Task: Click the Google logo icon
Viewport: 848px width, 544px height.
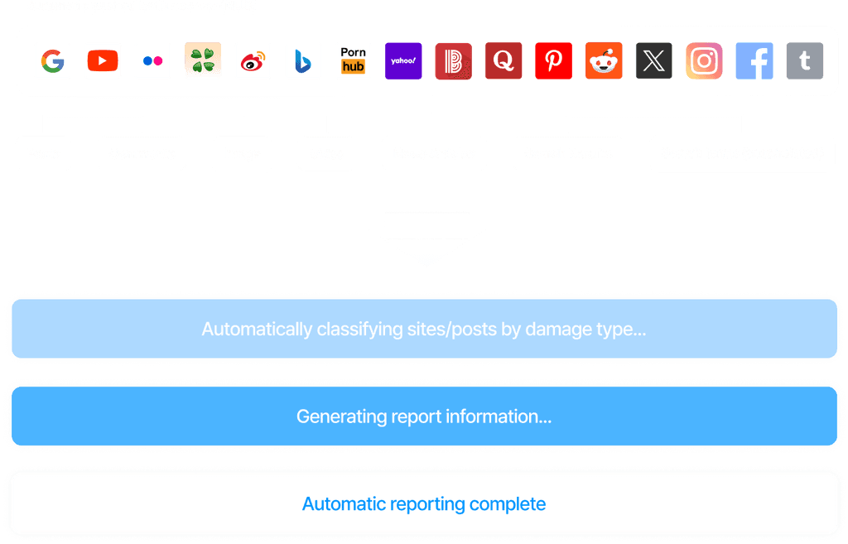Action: pos(52,61)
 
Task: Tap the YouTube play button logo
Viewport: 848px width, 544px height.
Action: pos(103,61)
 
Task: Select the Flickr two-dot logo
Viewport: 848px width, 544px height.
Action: pos(152,61)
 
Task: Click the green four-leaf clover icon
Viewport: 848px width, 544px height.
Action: pos(203,60)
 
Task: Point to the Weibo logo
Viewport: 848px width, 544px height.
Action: pos(253,61)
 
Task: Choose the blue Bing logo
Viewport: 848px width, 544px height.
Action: pos(302,61)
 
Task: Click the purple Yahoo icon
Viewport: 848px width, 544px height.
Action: pos(403,61)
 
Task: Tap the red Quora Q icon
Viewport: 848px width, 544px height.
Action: pos(503,61)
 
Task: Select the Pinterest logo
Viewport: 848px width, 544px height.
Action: pos(553,61)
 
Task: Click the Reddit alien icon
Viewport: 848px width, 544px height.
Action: pos(604,61)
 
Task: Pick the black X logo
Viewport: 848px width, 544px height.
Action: pos(653,61)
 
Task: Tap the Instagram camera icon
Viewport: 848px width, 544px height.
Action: pos(704,61)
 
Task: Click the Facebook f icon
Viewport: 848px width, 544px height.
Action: pos(754,61)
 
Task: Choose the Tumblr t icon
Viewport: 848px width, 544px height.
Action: pos(804,61)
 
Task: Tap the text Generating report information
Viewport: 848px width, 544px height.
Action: pos(424,416)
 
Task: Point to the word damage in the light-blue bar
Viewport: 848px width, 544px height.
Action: pos(555,330)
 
